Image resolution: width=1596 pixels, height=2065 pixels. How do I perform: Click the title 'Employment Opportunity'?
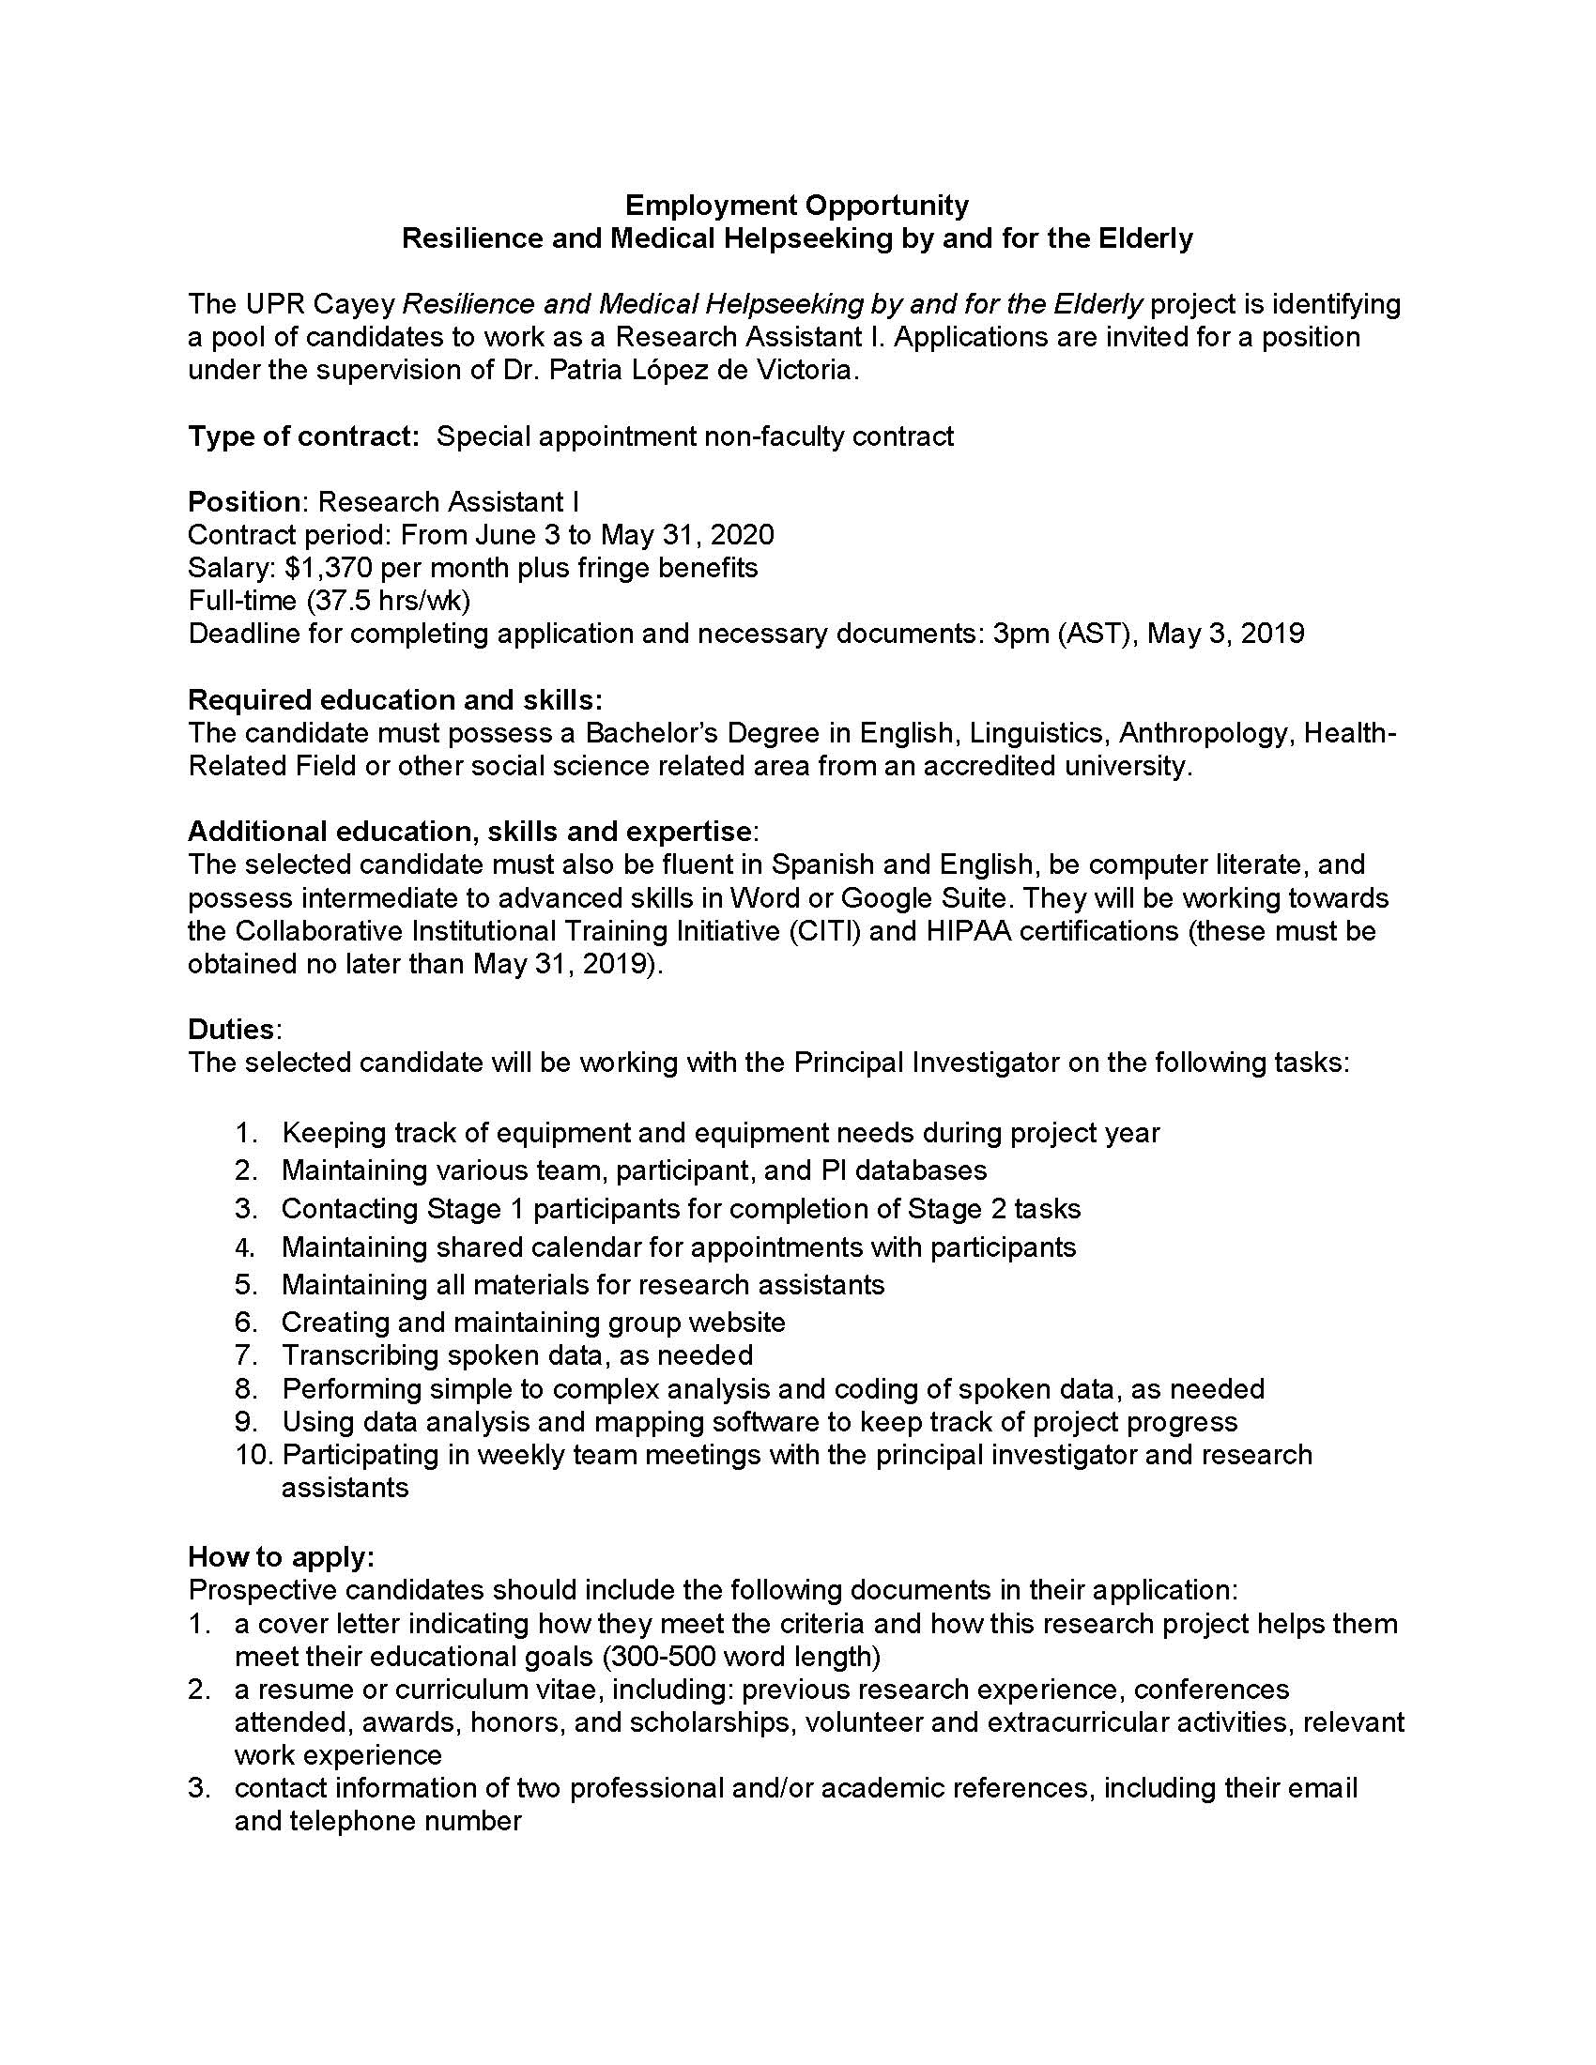797,206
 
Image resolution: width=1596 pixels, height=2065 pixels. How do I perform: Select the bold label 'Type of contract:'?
303,436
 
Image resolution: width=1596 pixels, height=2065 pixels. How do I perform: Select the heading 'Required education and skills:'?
395,699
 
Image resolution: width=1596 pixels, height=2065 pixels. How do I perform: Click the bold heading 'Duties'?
231,1030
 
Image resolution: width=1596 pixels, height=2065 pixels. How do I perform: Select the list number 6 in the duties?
246,1322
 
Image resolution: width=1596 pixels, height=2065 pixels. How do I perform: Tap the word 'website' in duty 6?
736,1322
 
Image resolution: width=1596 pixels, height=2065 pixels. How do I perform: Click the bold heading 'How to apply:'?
281,1556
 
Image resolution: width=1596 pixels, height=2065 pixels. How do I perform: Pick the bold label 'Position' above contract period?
243,501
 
